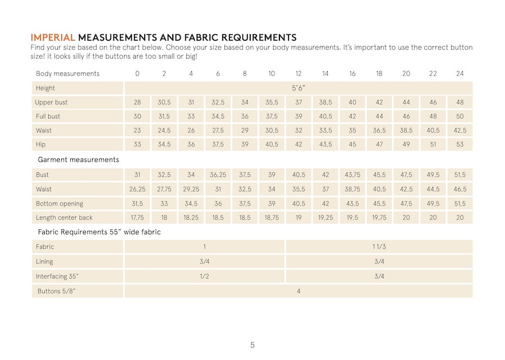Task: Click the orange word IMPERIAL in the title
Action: [53, 38]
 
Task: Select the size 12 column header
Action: [299, 73]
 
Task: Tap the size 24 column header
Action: [460, 73]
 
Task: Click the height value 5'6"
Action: [299, 88]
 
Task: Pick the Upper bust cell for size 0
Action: [137, 103]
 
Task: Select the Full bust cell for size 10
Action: [272, 117]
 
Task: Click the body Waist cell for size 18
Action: [379, 131]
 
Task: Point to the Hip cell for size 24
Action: [460, 145]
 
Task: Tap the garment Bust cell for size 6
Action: [218, 175]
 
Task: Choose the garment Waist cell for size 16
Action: [352, 190]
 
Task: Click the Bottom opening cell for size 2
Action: [164, 204]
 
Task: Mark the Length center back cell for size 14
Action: [325, 218]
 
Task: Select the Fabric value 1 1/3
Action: [379, 247]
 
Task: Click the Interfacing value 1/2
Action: [205, 276]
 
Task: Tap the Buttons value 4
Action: [299, 291]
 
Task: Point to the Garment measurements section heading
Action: [78, 160]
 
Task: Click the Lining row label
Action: [45, 261]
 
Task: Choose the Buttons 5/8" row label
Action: [57, 291]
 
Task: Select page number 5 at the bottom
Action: [252, 345]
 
